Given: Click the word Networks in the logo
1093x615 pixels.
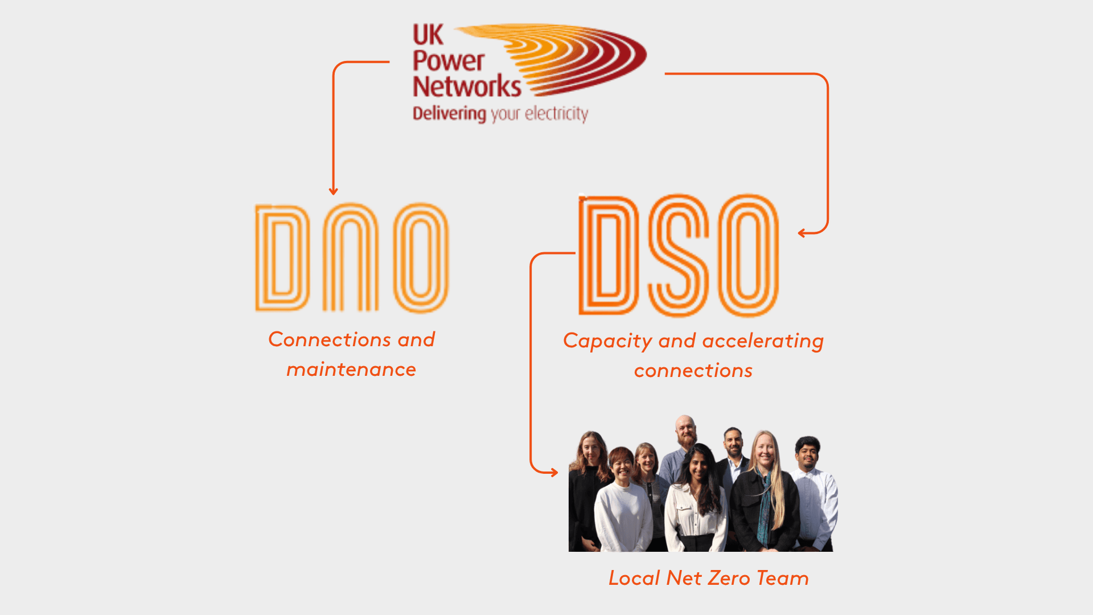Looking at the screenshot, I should coord(466,87).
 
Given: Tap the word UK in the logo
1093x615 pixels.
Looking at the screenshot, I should coord(428,35).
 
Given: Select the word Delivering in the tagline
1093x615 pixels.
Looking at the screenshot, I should coord(449,114).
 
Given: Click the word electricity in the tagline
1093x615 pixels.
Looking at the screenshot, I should coord(556,114).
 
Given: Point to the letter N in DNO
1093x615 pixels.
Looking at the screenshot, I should coord(351,257).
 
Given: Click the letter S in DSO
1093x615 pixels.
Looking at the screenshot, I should coord(678,256).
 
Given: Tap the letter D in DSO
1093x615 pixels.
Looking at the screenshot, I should coord(607,256).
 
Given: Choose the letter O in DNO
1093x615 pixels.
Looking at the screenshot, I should coord(421,257).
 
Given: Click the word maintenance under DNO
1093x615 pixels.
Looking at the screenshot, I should coord(351,370).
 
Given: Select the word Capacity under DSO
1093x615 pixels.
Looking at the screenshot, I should coord(607,341).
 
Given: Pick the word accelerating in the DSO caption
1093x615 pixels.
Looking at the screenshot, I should coord(763,341).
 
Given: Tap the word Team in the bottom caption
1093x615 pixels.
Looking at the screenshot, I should coord(782,578).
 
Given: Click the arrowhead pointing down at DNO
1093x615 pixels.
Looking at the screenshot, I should coord(334,191).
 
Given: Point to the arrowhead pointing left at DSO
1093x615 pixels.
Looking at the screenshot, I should coord(802,232).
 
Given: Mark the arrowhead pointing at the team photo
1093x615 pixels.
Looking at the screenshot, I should coord(554,472).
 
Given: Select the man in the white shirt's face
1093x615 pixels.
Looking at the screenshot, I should coord(807,454).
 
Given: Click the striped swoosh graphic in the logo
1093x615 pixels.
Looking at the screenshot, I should coord(575,57).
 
